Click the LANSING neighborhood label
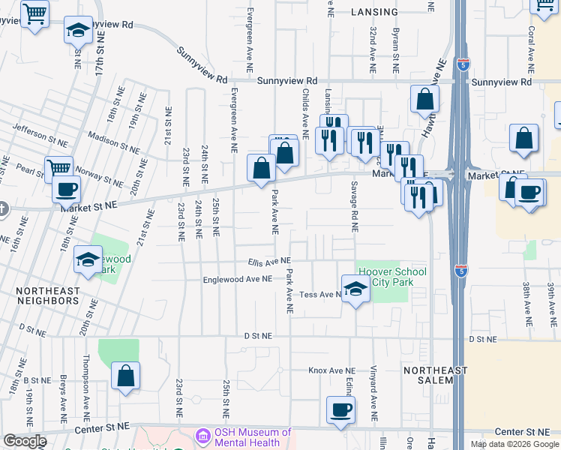click(x=374, y=13)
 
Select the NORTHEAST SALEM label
click(x=435, y=375)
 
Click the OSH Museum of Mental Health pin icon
click(x=202, y=436)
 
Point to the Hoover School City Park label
click(x=392, y=277)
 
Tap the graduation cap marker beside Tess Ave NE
click(x=355, y=289)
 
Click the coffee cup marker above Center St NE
click(x=340, y=410)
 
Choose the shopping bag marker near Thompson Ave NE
click(x=125, y=376)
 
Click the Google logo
click(x=25, y=441)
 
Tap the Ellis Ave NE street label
click(x=269, y=262)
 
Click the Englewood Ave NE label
click(x=238, y=279)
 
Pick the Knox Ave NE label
click(x=331, y=370)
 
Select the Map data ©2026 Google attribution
click(x=514, y=444)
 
